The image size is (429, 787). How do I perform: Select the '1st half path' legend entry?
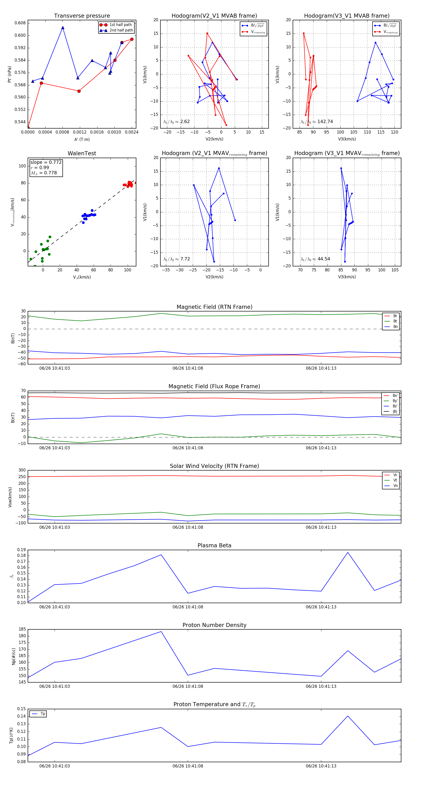click(120, 25)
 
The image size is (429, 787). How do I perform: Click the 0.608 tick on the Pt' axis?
click(20, 23)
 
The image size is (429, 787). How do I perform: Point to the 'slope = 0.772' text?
click(46, 162)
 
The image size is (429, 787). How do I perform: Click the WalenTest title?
click(82, 153)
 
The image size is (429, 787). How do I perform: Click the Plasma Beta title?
click(214, 546)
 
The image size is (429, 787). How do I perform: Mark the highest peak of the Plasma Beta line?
click(347, 552)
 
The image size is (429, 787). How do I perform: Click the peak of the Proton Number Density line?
click(161, 632)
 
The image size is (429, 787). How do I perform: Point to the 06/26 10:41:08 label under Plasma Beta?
click(188, 607)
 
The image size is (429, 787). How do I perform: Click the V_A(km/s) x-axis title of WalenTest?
click(82, 277)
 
